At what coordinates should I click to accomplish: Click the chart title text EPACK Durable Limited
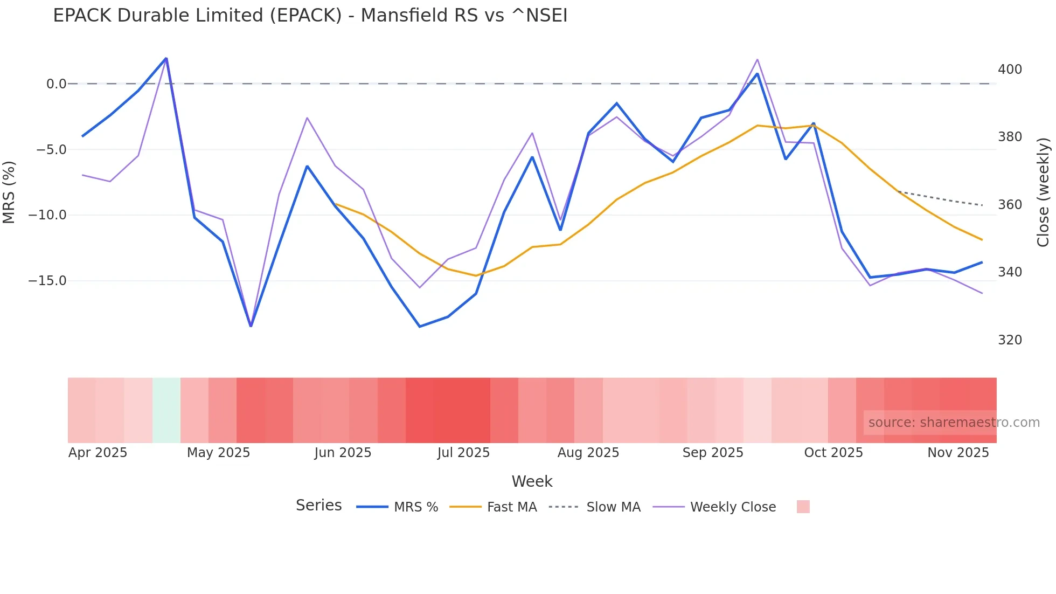tap(310, 16)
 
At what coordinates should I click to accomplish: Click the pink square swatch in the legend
tap(803, 507)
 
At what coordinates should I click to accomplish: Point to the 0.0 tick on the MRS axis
tap(56, 84)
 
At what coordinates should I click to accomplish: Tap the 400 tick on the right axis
tap(1010, 70)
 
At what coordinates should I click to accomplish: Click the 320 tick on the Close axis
tap(1010, 340)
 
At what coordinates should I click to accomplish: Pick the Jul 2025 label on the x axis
tap(463, 453)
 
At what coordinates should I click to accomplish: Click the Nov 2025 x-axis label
tap(958, 453)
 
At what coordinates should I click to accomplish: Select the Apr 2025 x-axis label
tap(98, 453)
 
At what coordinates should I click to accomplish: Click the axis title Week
tap(532, 481)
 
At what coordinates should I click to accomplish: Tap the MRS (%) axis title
tap(9, 192)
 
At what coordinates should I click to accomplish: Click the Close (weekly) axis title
tap(1044, 192)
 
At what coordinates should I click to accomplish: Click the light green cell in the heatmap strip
tap(166, 410)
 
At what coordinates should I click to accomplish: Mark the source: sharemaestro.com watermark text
tap(954, 423)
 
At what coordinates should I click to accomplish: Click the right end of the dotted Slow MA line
tap(982, 205)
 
